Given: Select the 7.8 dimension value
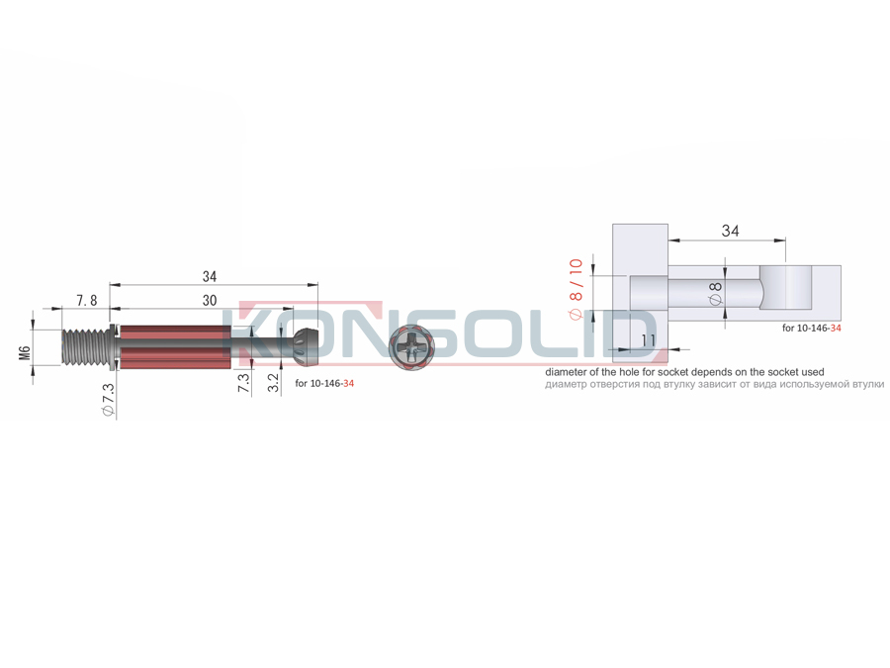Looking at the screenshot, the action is tap(87, 301).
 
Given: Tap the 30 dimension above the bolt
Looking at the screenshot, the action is tap(210, 301).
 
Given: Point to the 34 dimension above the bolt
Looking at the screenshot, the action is tap(210, 277).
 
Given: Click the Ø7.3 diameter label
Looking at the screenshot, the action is tap(108, 401).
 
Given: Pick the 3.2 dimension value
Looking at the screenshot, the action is tap(273, 382).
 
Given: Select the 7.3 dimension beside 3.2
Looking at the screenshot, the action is tap(243, 382).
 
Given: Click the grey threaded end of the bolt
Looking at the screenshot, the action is tap(85, 346).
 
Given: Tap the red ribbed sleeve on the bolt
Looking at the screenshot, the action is tap(172, 346).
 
